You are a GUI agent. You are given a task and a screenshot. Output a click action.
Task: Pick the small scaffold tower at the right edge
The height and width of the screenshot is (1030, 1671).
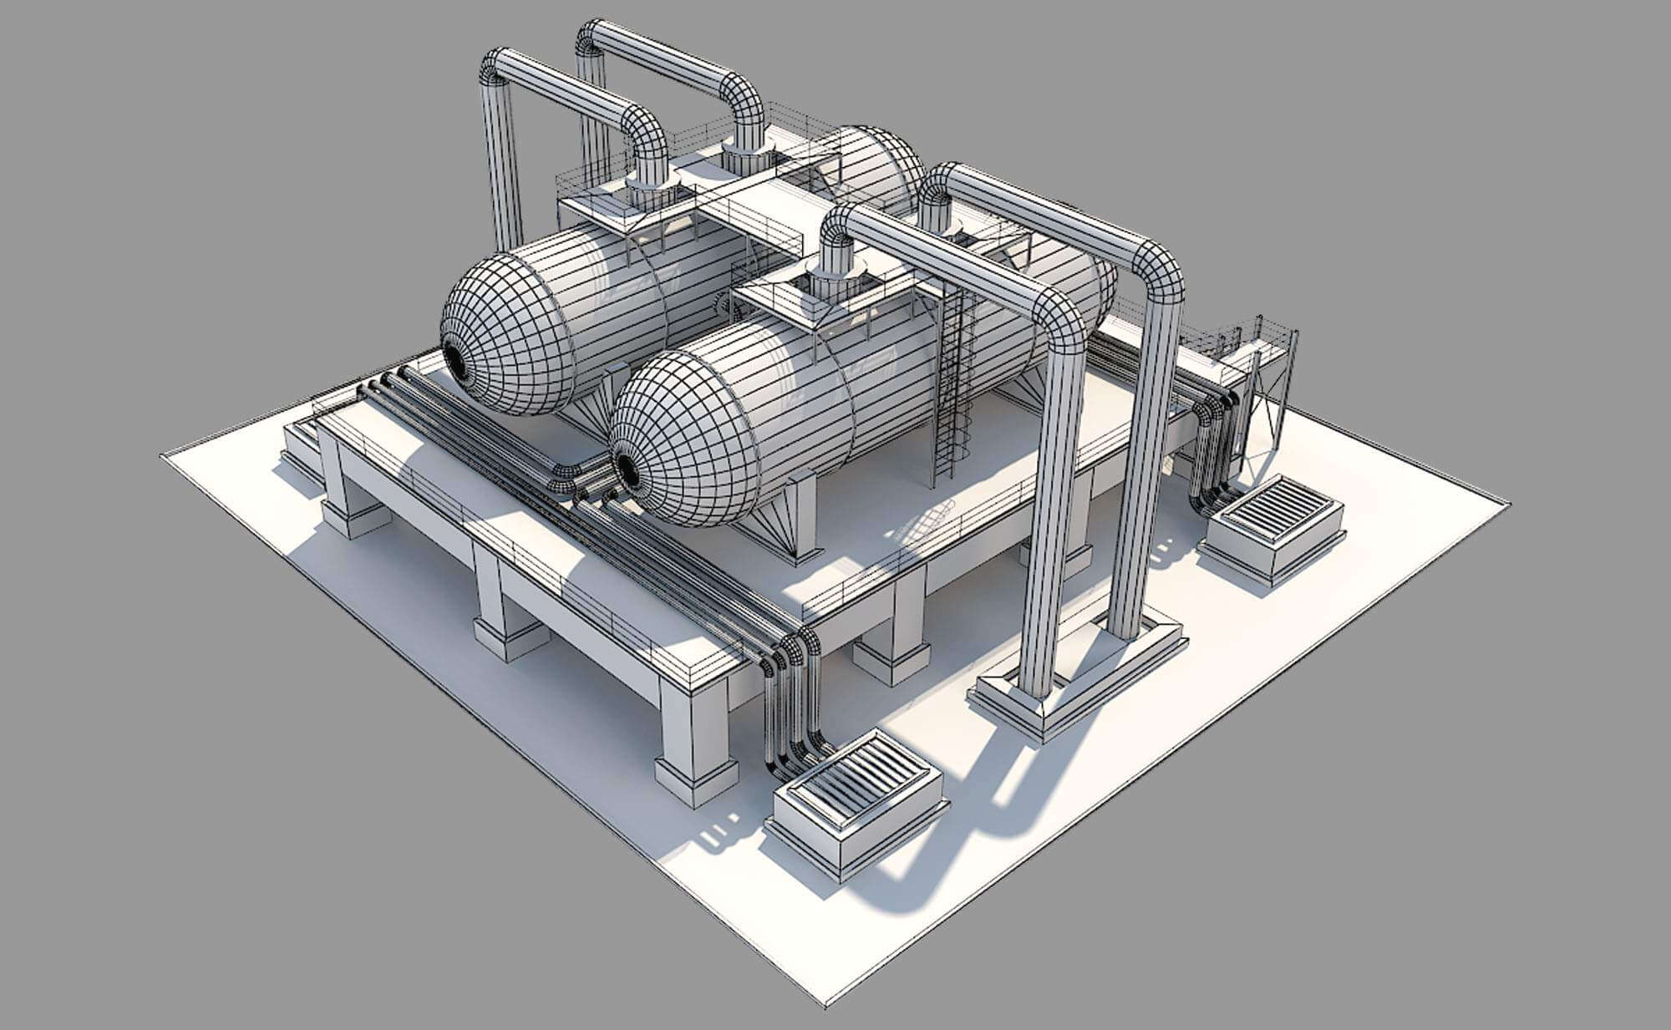1270,393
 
